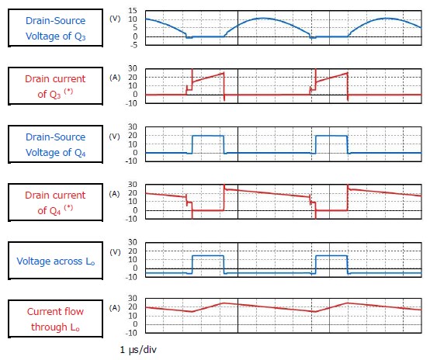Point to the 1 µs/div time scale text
tap(139, 349)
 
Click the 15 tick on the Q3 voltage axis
tap(134, 9)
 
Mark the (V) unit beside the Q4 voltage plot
tap(115, 136)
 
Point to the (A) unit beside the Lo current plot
tap(115, 308)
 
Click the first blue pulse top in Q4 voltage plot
tap(207, 136)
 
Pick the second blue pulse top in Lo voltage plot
tap(331, 256)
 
